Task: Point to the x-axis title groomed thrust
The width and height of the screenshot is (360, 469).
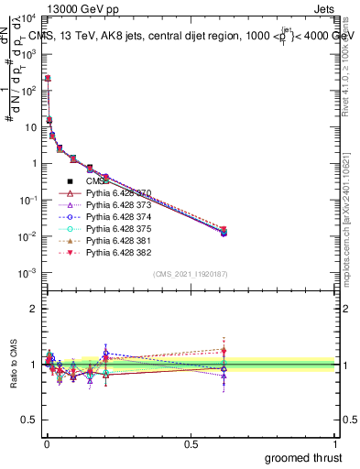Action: coord(303,457)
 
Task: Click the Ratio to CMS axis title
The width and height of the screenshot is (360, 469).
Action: coord(14,365)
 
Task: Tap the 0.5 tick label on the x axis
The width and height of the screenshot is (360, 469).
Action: coord(191,444)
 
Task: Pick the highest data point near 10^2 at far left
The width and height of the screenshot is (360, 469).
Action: coord(47,79)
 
